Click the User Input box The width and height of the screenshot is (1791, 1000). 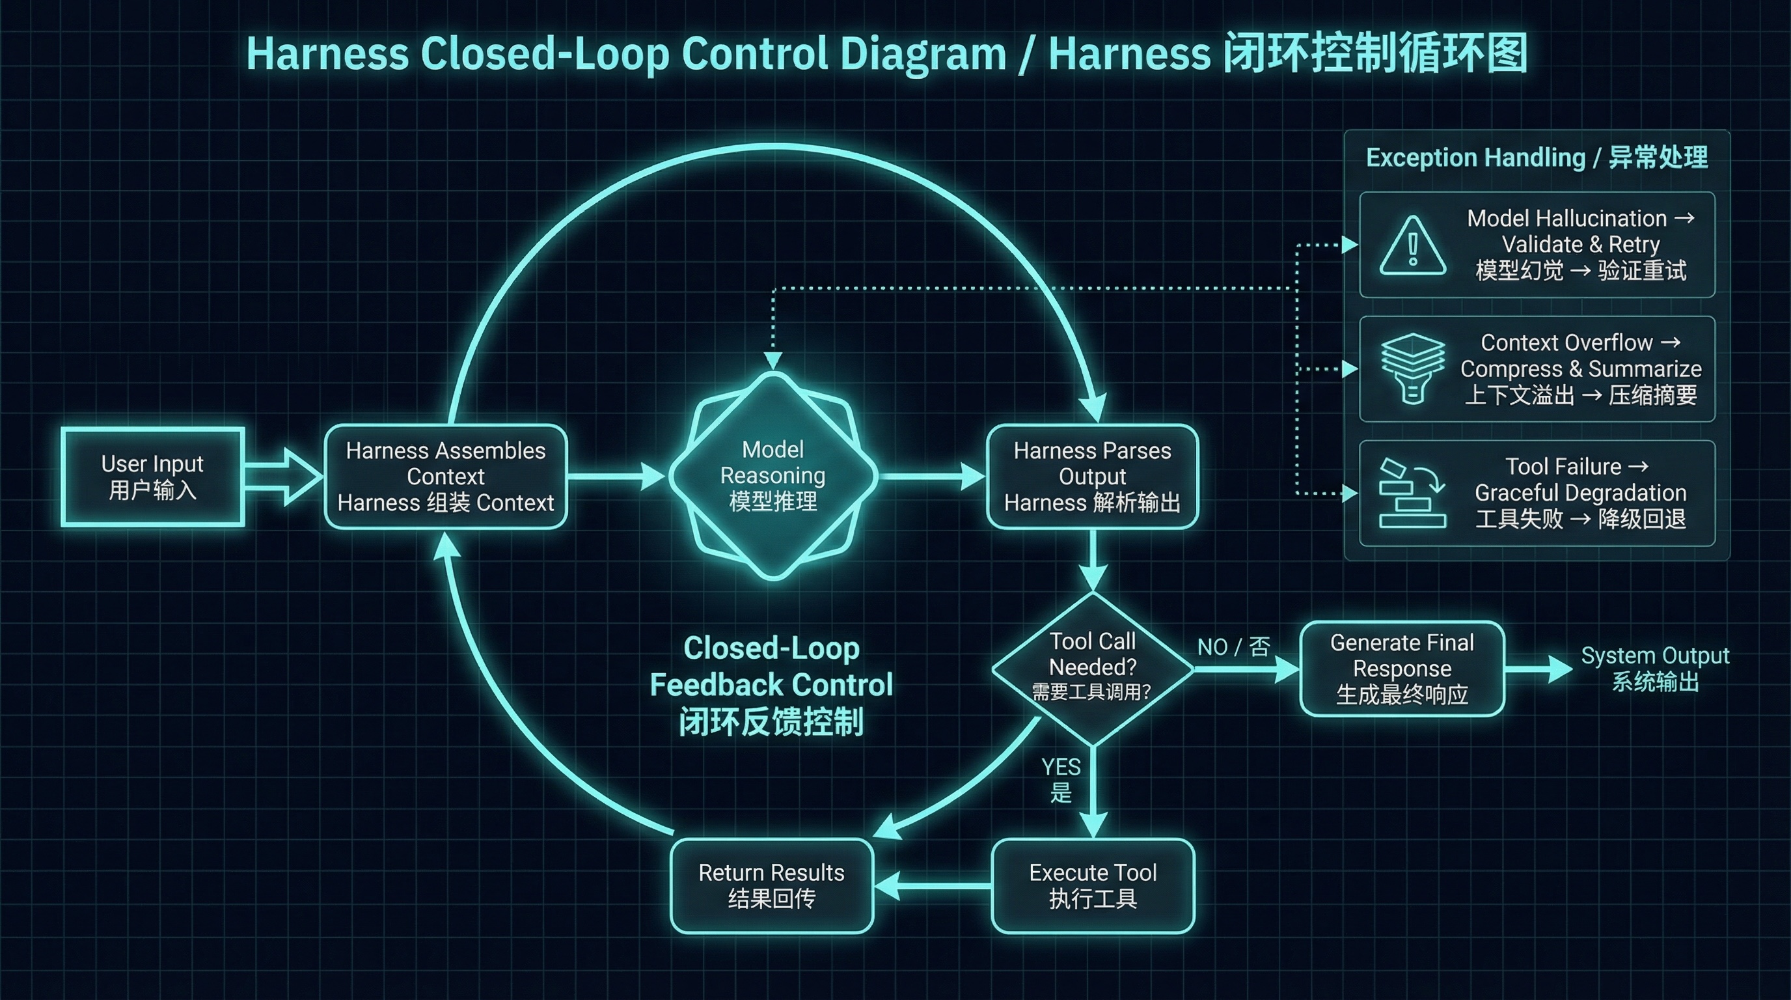pyautogui.click(x=152, y=477)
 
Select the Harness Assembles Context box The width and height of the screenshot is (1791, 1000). pyautogui.click(x=446, y=477)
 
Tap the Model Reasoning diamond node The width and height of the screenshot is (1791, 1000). pyautogui.click(x=772, y=476)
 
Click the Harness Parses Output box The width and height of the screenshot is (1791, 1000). pyautogui.click(x=1091, y=477)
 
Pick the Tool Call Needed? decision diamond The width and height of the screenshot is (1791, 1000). pyautogui.click(x=1091, y=667)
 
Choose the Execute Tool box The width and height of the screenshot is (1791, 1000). pyautogui.click(x=1092, y=885)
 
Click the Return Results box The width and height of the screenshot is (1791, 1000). pyautogui.click(x=771, y=885)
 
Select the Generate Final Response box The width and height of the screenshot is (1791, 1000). pyautogui.click(x=1402, y=668)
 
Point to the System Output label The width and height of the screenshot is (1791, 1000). pyautogui.click(x=1654, y=667)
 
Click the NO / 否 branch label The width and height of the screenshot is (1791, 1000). pyautogui.click(x=1233, y=646)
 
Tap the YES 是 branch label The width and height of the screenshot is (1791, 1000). pyautogui.click(x=1060, y=779)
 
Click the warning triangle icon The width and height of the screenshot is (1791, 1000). pyautogui.click(x=1412, y=245)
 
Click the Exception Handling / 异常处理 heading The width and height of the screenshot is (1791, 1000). pyautogui.click(x=1537, y=158)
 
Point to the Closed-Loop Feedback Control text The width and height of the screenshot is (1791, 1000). pyautogui.click(x=771, y=685)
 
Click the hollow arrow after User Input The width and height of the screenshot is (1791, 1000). pyautogui.click(x=284, y=477)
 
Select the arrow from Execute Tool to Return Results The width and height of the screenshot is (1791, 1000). pyautogui.click(x=932, y=885)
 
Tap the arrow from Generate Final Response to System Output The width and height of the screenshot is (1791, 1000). pyautogui.click(x=1537, y=668)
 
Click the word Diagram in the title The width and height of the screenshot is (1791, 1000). pyautogui.click(x=923, y=54)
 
